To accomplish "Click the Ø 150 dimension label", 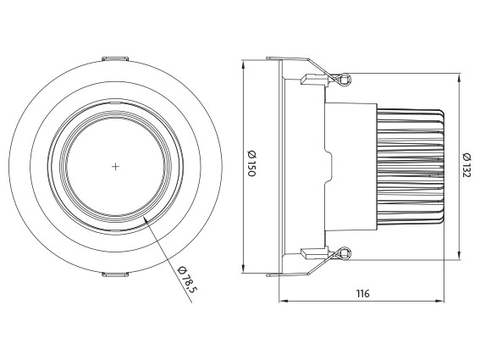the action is click(x=251, y=163).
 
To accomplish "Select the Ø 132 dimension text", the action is click(x=466, y=165).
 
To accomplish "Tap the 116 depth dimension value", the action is click(x=363, y=294).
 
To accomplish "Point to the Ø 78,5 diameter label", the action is click(x=186, y=280).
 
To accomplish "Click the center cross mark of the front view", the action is click(x=115, y=167).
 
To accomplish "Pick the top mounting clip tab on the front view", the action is click(x=115, y=58).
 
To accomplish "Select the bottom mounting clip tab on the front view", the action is click(x=115, y=274).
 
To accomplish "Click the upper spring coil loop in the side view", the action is click(x=345, y=80).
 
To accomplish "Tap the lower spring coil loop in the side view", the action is click(x=345, y=253).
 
